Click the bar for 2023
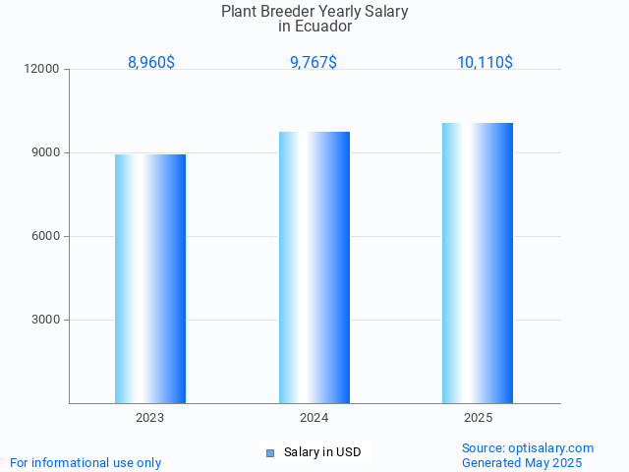click(150, 278)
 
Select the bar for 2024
click(314, 267)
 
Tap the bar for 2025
click(478, 263)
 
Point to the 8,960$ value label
click(151, 62)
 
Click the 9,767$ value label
click(314, 62)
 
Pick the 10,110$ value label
click(485, 62)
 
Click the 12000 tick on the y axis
click(43, 69)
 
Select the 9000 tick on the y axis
click(46, 152)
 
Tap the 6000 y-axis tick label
click(46, 236)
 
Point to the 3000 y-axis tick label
click(46, 320)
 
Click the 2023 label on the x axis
click(150, 418)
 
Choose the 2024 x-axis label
click(314, 418)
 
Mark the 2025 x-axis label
click(478, 418)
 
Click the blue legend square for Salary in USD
click(270, 452)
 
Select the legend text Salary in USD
click(322, 452)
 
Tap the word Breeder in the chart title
click(286, 12)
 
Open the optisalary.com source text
click(528, 447)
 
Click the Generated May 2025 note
click(522, 462)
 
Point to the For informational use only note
click(86, 462)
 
